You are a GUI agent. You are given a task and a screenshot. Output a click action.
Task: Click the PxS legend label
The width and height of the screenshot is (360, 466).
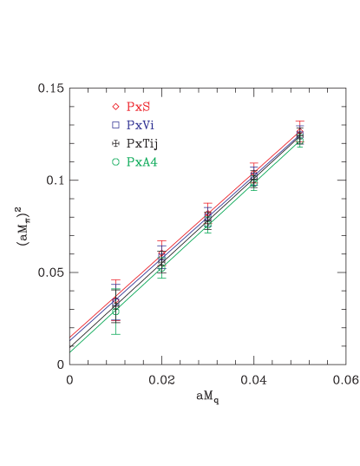136,107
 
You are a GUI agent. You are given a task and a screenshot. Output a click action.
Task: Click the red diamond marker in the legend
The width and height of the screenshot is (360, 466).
115,107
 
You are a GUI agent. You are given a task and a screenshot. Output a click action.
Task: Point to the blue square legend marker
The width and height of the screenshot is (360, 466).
115,125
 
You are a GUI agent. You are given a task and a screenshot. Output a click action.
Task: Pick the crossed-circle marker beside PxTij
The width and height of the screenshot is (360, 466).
115,143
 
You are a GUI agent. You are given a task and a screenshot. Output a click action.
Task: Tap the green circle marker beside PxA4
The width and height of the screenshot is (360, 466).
115,161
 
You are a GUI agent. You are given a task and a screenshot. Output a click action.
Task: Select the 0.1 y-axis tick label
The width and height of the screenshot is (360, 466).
56,180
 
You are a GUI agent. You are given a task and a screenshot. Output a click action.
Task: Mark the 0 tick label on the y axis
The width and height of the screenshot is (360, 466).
61,364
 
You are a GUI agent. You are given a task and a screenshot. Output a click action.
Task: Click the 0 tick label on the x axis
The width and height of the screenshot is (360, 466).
69,378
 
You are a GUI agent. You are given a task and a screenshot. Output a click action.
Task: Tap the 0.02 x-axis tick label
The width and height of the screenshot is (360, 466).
161,378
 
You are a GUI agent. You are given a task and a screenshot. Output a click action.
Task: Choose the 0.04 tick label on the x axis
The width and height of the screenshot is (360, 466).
253,378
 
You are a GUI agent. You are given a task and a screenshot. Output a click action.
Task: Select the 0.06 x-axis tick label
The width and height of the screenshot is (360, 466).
344,378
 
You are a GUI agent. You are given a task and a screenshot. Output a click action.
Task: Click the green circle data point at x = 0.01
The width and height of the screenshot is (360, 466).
115,311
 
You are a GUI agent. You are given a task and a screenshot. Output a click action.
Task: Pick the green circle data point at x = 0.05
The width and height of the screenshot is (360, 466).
299,141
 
